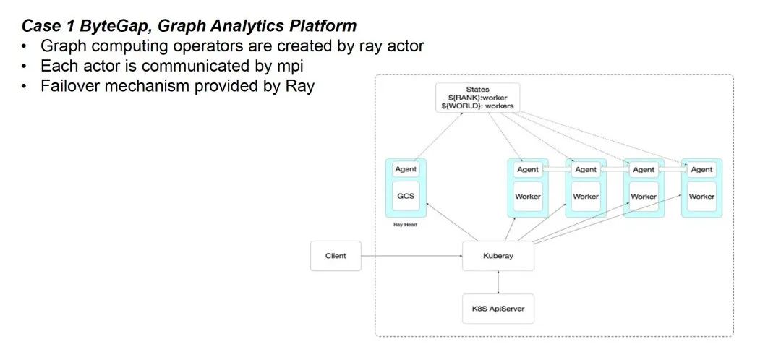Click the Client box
pyautogui.click(x=336, y=256)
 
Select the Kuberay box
pyautogui.click(x=498, y=256)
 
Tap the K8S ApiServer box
pyautogui.click(x=498, y=309)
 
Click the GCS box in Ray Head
pyautogui.click(x=405, y=196)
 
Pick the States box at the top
pyautogui.click(x=477, y=98)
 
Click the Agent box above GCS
pyautogui.click(x=405, y=169)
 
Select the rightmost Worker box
pyautogui.click(x=701, y=196)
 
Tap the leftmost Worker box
pyautogui.click(x=528, y=196)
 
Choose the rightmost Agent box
pyautogui.click(x=701, y=169)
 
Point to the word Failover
pyautogui.click(x=72, y=86)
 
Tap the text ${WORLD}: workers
pyautogui.click(x=477, y=106)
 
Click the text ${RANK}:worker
pyautogui.click(x=477, y=98)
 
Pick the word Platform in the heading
pyautogui.click(x=323, y=26)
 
